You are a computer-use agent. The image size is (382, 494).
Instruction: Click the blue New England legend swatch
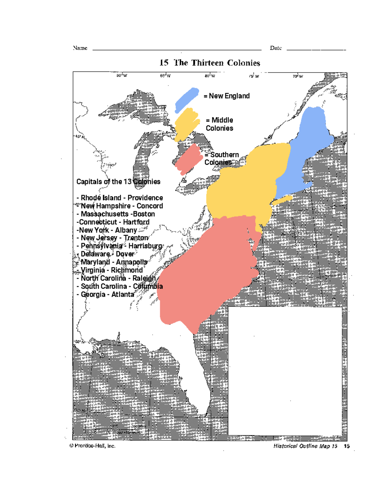[187, 99]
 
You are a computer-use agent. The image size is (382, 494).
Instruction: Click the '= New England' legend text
[227, 96]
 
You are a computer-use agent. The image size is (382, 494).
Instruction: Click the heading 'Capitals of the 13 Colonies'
[118, 182]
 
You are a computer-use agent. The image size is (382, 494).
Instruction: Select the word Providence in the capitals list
[145, 198]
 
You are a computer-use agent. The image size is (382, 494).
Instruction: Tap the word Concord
[150, 206]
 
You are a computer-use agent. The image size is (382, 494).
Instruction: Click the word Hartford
[136, 222]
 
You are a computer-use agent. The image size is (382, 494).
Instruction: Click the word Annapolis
[131, 262]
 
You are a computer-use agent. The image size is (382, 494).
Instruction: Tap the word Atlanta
[123, 295]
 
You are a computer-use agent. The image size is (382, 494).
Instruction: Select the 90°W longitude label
[122, 76]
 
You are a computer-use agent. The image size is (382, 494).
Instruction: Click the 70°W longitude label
[298, 76]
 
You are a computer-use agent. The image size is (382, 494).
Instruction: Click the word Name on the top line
[80, 48]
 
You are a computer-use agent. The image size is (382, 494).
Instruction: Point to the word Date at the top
[276, 48]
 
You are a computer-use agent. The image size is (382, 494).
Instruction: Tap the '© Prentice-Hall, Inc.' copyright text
[92, 446]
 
